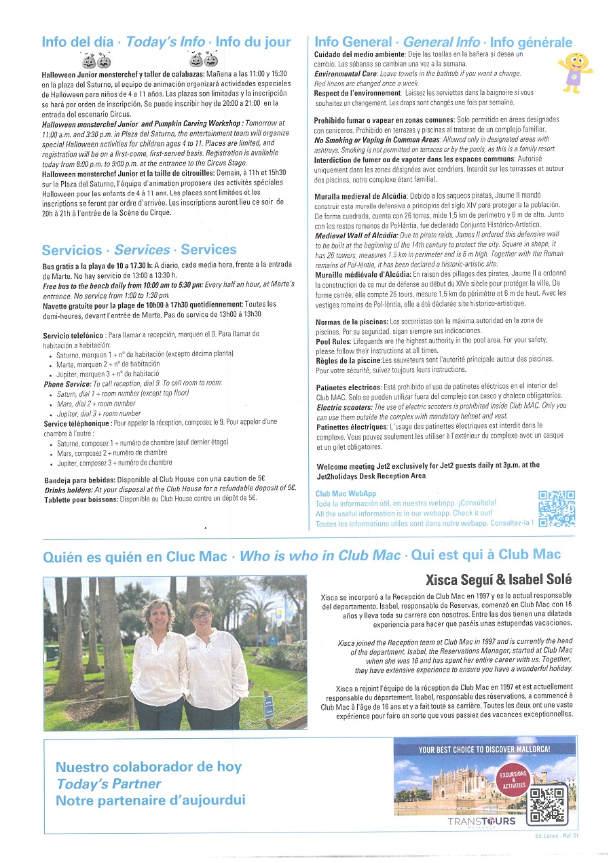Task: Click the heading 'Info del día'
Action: click(x=77, y=42)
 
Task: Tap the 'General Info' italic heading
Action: click(x=441, y=42)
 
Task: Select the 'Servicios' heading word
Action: click(x=71, y=250)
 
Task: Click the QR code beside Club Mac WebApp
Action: click(x=556, y=508)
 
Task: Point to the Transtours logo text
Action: click(x=481, y=822)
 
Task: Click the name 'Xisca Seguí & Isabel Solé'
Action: click(x=498, y=579)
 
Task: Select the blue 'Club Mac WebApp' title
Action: click(x=346, y=494)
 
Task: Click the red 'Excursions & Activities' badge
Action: click(x=513, y=778)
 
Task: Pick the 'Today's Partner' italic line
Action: click(x=109, y=784)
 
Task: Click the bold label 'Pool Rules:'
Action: click(x=332, y=341)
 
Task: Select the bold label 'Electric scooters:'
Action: click(x=343, y=407)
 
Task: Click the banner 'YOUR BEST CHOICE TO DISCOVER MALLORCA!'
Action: click(x=484, y=750)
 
